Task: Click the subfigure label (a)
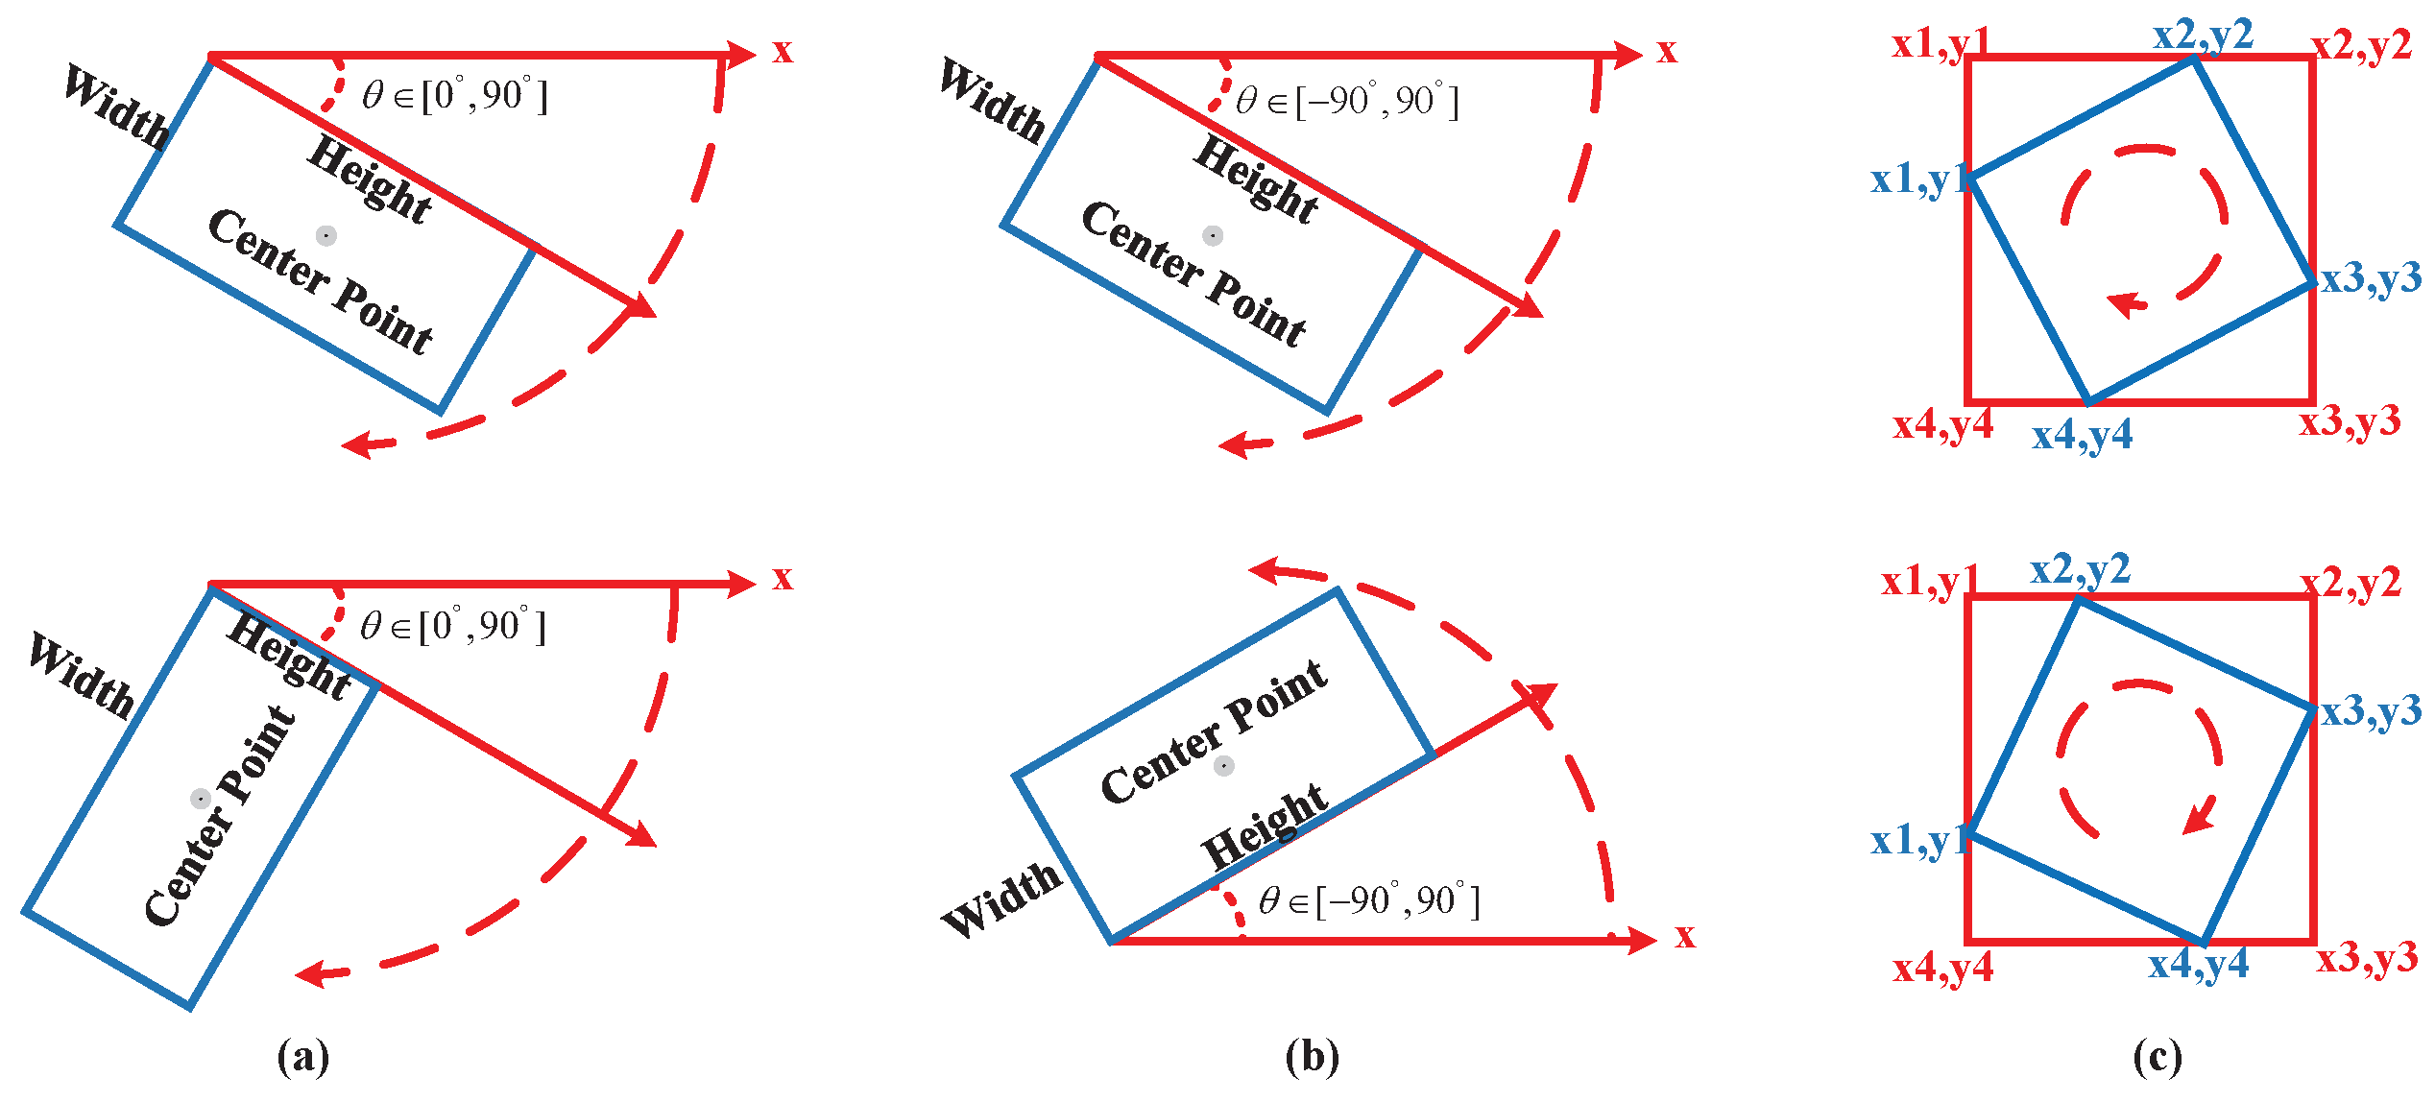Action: click(303, 1057)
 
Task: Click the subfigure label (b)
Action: click(1312, 1057)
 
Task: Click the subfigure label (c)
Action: click(2158, 1057)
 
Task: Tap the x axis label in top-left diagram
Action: click(783, 51)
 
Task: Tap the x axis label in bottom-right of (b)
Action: click(1685, 935)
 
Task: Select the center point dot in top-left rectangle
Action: click(326, 235)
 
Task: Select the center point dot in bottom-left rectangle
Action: click(201, 799)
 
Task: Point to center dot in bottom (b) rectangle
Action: click(1223, 766)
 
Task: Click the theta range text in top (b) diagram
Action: click(1347, 101)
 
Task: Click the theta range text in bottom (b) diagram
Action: click(1368, 900)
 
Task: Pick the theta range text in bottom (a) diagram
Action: click(452, 626)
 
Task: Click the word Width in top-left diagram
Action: click(116, 107)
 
